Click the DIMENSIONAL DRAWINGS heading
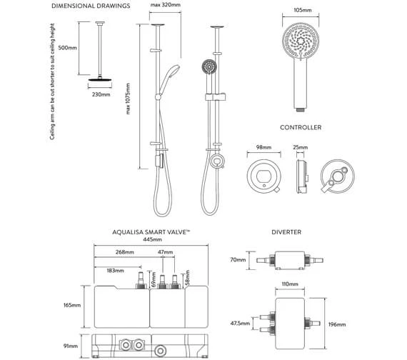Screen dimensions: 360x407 click(91, 6)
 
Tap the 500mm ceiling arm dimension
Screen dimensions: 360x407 click(69, 49)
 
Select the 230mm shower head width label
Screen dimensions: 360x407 click(101, 94)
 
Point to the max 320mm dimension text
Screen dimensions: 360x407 click(165, 6)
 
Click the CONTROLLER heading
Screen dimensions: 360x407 click(300, 127)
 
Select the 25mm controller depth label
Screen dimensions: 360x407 click(301, 147)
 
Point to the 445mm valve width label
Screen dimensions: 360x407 click(152, 241)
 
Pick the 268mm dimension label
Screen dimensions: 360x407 click(126, 253)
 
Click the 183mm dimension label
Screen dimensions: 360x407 click(114, 271)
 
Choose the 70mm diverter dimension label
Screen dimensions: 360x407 click(238, 261)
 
